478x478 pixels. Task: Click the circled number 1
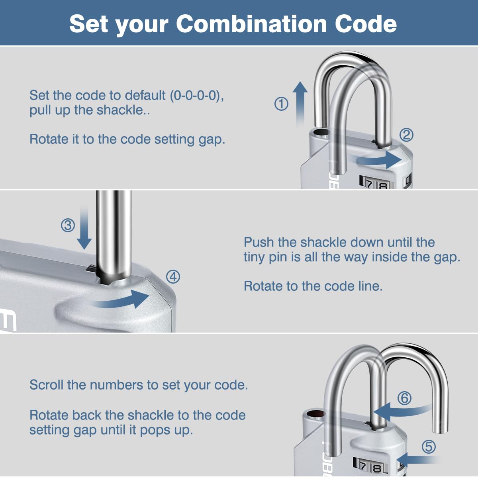point(281,104)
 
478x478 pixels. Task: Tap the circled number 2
point(406,135)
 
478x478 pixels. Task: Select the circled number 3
point(68,225)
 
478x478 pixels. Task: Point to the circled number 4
point(173,276)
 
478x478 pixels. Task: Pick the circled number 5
point(429,447)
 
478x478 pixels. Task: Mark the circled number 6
point(404,398)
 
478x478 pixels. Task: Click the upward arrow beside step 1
point(300,104)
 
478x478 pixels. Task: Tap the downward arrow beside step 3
point(84,228)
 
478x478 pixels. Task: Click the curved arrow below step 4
point(121,300)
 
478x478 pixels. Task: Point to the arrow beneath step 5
point(419,460)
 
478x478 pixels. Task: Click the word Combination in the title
point(251,24)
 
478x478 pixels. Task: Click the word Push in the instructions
point(259,242)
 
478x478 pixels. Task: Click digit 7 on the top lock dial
point(369,184)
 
